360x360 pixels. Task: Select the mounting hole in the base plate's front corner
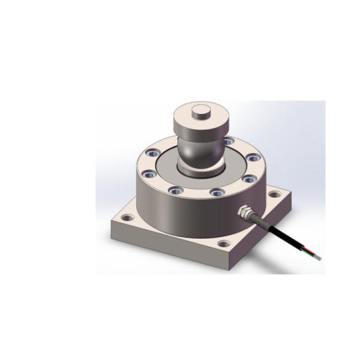[x=224, y=244]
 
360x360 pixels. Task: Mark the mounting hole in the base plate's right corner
[x=274, y=194]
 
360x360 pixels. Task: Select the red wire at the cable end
[x=306, y=248]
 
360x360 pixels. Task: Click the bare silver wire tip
[x=317, y=258]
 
